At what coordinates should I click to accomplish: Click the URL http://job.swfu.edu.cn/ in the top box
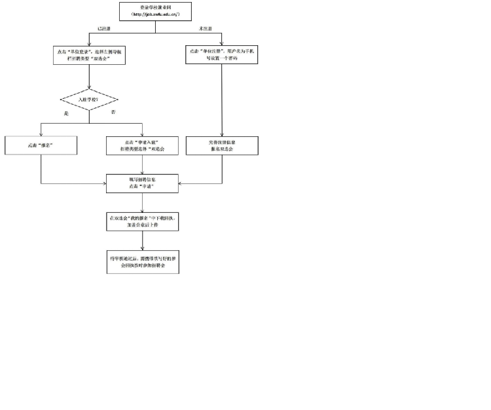coord(155,15)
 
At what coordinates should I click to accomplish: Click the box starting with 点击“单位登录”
coord(89,55)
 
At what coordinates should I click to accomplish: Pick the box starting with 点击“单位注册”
coord(222,55)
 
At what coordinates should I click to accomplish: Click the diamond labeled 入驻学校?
coord(89,100)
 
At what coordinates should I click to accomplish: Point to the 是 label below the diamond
coord(65,114)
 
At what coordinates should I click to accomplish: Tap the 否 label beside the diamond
coord(114,112)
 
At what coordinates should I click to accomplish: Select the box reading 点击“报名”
coord(41,145)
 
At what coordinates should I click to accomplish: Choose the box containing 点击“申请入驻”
coord(142,145)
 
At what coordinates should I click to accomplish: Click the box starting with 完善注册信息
coord(222,145)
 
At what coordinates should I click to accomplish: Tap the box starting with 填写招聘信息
coord(142,183)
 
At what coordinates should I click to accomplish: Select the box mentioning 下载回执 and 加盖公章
coord(142,221)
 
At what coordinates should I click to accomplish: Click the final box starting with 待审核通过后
coord(142,262)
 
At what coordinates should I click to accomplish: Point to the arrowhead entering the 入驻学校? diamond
coord(89,87)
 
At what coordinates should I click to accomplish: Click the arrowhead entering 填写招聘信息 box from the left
coord(105,183)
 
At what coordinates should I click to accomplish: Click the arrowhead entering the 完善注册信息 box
coord(222,134)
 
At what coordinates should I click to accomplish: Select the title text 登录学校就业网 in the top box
coord(155,7)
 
